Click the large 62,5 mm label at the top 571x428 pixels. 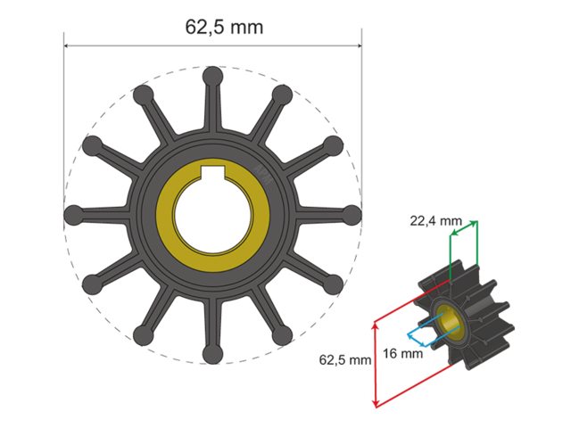click(224, 26)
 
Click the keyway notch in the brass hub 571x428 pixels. click(212, 171)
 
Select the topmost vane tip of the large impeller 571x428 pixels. click(212, 77)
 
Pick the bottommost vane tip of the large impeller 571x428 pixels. click(212, 355)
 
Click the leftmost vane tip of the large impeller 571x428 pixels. click(74, 215)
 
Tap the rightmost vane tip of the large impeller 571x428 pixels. click(352, 215)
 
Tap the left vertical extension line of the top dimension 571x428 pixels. click(64, 107)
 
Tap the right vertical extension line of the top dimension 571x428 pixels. click(361, 107)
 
